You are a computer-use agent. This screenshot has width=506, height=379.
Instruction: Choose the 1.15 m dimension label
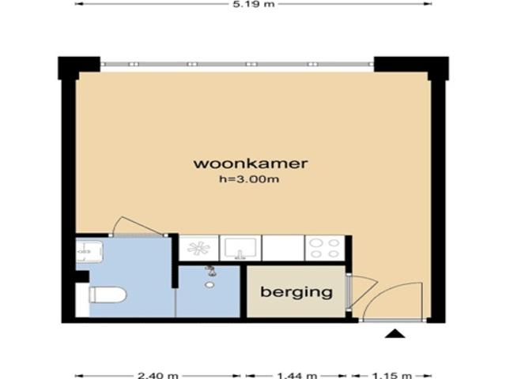pyautogui.click(x=392, y=374)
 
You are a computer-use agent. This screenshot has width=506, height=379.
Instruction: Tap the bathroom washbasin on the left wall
pyautogui.click(x=85, y=251)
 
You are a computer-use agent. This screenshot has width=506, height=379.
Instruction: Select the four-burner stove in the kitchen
pyautogui.click(x=324, y=248)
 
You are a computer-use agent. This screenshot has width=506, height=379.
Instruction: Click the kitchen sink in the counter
pyautogui.click(x=241, y=248)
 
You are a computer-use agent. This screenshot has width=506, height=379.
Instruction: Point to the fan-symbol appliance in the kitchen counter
pyautogui.click(x=198, y=248)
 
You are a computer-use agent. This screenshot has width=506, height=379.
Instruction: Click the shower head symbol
pyautogui.click(x=210, y=271)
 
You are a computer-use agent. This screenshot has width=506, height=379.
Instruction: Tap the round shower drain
pyautogui.click(x=209, y=284)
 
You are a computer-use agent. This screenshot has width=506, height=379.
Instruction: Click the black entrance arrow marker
pyautogui.click(x=395, y=334)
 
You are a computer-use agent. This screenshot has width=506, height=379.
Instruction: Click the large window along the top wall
pyautogui.click(x=237, y=64)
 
